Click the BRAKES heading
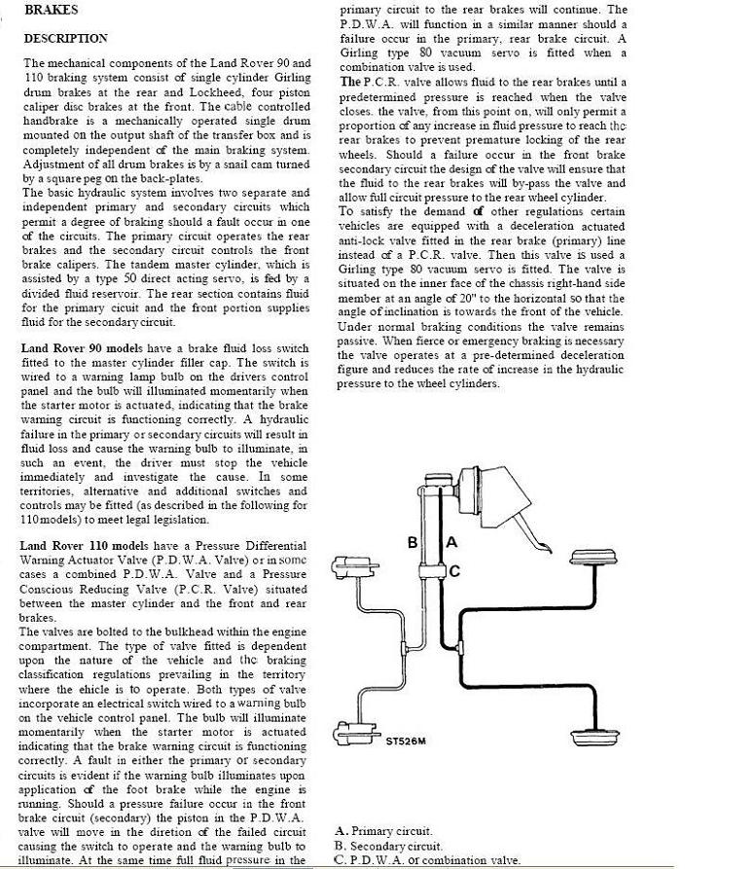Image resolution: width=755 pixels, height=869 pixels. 52,10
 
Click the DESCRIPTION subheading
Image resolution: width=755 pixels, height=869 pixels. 65,39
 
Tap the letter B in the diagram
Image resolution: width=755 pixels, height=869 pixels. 412,542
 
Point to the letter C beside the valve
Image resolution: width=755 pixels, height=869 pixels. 454,571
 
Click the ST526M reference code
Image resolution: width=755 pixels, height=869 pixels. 406,741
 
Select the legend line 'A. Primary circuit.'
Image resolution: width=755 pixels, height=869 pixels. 382,831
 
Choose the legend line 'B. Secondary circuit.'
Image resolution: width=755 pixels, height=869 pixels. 387,846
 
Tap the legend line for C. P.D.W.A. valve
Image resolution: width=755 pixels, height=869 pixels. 426,860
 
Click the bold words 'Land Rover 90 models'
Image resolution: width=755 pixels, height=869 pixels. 85,347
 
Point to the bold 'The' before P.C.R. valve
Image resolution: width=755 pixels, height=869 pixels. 350,82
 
